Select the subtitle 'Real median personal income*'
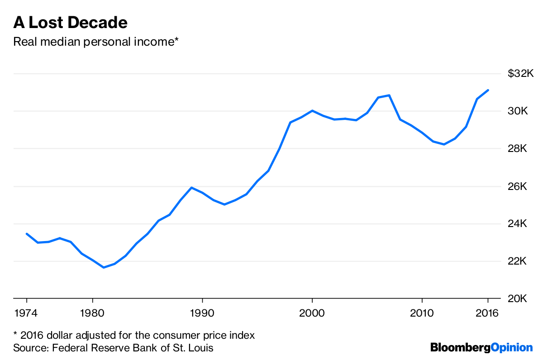[96, 42]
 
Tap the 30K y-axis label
[524, 111]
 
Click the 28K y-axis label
[524, 149]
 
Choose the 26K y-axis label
[524, 186]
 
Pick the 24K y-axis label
[524, 224]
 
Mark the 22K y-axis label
[524, 261]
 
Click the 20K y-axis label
[524, 299]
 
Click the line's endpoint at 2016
[488, 90]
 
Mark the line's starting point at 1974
[27, 234]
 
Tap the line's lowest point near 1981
[104, 267]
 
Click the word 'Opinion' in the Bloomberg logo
[512, 348]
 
